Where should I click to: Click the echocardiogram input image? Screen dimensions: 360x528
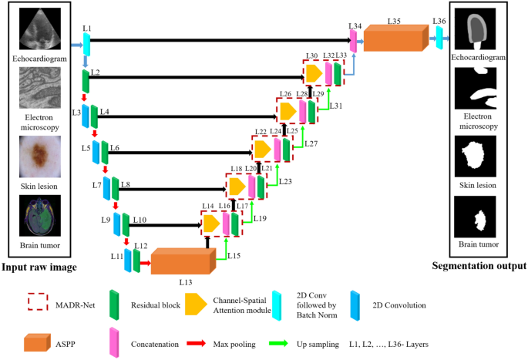(x=39, y=29)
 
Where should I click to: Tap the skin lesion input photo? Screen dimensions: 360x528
(x=39, y=153)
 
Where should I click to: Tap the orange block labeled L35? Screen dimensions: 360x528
(x=395, y=39)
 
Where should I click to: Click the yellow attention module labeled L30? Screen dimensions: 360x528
(x=314, y=73)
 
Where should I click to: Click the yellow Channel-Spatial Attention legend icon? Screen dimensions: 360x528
(x=196, y=304)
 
